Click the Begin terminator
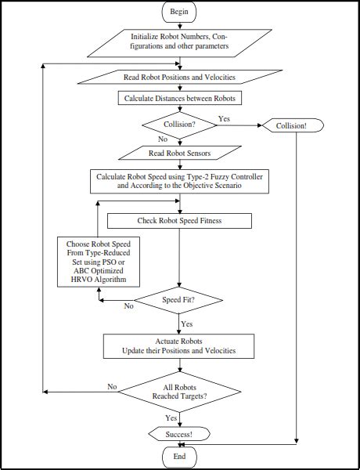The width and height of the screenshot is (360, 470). point(180,13)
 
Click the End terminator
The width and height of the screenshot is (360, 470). point(180,456)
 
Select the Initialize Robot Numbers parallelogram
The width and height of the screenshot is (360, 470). point(180,42)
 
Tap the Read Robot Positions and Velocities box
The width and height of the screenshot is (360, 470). point(180,77)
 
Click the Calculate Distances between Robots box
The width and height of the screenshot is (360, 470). point(180,98)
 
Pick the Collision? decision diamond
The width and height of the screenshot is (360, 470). point(180,124)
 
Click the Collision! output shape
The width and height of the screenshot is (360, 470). point(293,125)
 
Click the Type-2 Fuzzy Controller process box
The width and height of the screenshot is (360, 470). point(180,182)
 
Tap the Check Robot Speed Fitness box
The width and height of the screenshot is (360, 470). point(180,221)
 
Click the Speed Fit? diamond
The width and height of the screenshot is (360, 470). point(180,299)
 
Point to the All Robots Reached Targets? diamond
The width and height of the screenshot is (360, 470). point(180,391)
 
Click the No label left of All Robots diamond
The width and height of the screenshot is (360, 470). point(112,386)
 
